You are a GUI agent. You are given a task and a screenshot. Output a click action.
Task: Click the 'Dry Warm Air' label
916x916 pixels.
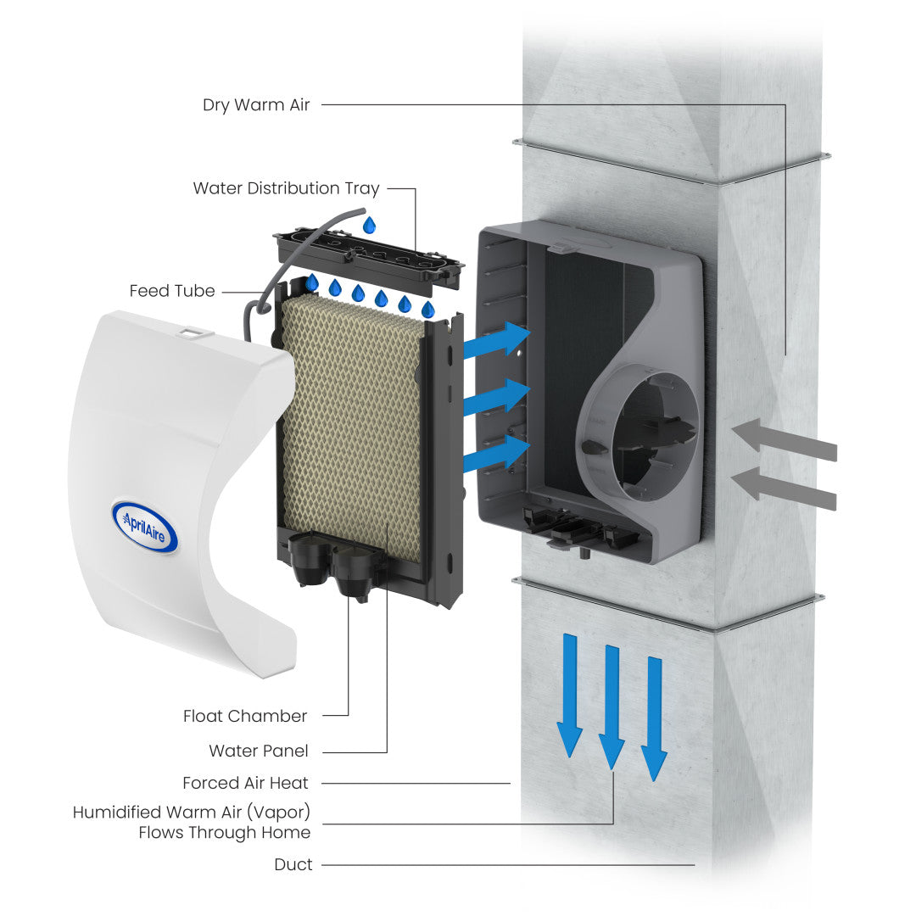click(x=256, y=105)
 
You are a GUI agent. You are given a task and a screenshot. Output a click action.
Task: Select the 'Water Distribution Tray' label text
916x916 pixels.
click(x=286, y=188)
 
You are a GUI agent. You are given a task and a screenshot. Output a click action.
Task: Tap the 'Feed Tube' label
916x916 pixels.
click(x=172, y=291)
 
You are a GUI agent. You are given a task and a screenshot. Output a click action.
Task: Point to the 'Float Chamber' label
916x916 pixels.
click(x=245, y=716)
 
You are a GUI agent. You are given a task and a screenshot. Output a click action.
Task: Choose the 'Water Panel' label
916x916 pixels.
click(x=259, y=751)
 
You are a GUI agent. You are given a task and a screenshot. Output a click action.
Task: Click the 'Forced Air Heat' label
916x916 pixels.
click(x=245, y=783)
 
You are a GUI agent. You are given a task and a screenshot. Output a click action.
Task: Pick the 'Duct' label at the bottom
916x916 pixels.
click(x=293, y=864)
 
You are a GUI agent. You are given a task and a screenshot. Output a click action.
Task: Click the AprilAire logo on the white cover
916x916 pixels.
click(x=144, y=526)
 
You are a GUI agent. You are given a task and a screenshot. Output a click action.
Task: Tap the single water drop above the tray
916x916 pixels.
click(x=369, y=225)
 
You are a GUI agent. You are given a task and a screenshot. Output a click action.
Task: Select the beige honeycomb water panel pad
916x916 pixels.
click(x=352, y=424)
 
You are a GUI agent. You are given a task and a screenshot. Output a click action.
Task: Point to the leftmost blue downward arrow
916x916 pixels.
click(x=569, y=695)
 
